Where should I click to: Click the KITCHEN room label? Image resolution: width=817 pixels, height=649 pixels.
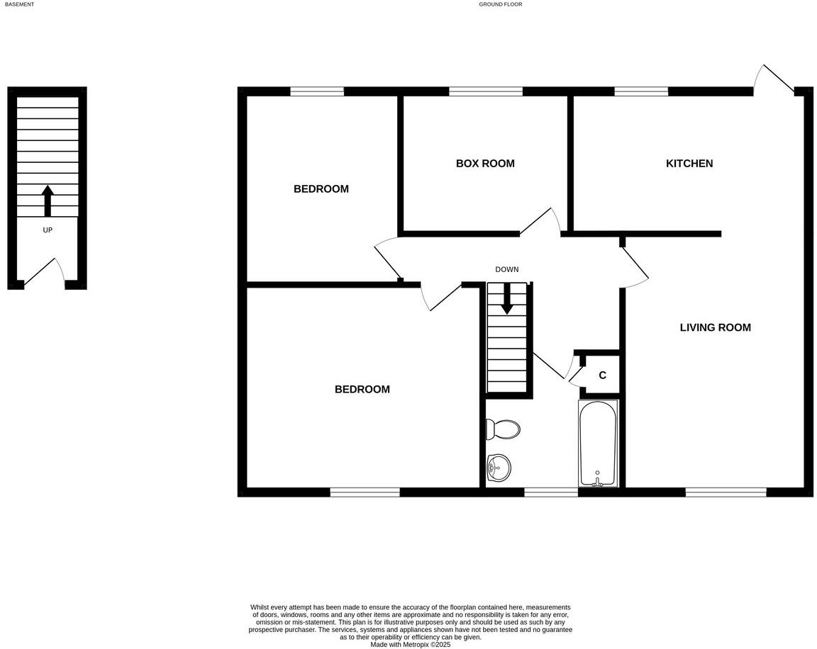[x=689, y=164]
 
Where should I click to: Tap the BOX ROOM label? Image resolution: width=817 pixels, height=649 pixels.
[x=485, y=164]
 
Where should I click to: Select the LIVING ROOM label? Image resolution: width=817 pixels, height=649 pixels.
[x=715, y=327]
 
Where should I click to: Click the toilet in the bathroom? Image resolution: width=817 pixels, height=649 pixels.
[x=503, y=429]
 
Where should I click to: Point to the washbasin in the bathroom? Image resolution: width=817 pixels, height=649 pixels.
[x=499, y=466]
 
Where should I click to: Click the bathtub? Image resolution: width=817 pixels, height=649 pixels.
[x=598, y=443]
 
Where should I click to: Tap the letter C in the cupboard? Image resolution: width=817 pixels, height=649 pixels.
[x=602, y=376]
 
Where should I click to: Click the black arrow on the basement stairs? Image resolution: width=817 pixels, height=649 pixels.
[x=48, y=200]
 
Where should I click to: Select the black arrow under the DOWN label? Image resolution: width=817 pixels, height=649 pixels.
[x=506, y=298]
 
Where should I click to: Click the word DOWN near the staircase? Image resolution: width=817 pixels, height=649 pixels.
[x=506, y=269]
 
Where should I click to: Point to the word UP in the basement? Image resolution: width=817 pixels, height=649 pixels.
[x=48, y=230]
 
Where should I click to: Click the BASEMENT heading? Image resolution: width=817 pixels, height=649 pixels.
[x=19, y=4]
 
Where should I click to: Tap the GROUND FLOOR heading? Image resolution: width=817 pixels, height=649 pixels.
[x=500, y=4]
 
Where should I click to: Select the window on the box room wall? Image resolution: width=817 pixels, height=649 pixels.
[x=486, y=91]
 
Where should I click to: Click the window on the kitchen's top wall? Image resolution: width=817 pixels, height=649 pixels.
[x=641, y=91]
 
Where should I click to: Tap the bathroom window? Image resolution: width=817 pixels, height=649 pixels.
[x=551, y=492]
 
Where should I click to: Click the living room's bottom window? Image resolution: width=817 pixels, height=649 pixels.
[x=726, y=492]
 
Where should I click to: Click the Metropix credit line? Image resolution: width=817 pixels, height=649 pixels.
[x=410, y=645]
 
